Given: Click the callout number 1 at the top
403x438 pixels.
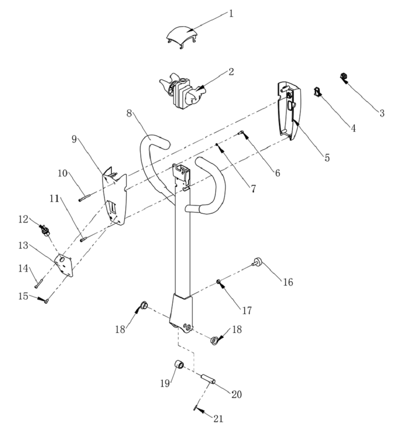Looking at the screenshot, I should click(x=231, y=14).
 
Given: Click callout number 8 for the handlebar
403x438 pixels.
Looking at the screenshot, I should click(x=129, y=113).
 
